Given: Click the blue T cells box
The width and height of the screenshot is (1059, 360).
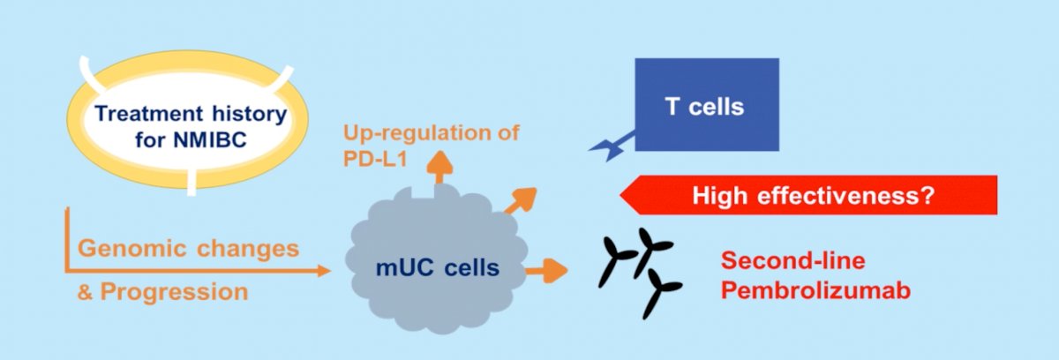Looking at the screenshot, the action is pos(707,104).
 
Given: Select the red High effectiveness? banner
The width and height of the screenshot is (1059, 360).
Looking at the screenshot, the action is pos(808,195).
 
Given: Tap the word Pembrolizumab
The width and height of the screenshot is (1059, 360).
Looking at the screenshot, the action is pos(815,290).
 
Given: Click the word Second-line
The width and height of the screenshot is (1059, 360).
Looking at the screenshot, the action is pos(792,260).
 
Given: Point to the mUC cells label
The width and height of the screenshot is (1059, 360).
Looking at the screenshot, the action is pos(438,268).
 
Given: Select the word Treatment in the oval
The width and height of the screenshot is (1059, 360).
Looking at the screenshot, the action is pos(149,114).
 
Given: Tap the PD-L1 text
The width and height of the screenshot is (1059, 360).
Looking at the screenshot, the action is pos(375,159).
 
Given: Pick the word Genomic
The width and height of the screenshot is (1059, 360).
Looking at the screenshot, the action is pos(131,249).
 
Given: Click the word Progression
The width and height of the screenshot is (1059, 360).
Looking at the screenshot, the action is pos(174,292).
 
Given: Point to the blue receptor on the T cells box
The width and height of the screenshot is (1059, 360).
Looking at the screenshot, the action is pos(612,146).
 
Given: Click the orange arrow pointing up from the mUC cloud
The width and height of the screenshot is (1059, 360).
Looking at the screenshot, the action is pos(439,167).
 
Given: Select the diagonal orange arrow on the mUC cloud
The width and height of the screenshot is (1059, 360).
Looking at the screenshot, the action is pos(521,200).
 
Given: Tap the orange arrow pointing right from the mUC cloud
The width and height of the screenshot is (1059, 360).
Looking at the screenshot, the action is pos(547,271).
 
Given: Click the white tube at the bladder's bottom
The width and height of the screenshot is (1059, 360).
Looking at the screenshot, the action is pos(192,182).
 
